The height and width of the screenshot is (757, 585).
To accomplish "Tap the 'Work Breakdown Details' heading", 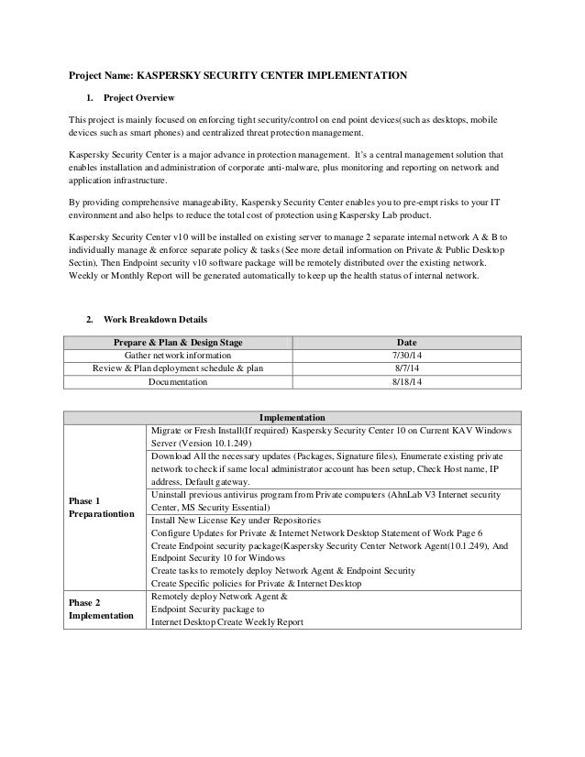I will point(153,320).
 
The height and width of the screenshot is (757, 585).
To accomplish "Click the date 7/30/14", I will point(404,356).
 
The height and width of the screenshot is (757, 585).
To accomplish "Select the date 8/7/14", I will point(404,369).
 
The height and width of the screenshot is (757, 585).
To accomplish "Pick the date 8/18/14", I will point(404,383).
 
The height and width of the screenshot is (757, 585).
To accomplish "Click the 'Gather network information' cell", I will point(178,356).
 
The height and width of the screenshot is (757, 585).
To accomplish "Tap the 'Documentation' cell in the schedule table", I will point(178,383).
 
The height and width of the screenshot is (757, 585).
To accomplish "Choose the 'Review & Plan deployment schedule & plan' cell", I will point(178,369).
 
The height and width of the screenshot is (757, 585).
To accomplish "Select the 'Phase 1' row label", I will point(84,501).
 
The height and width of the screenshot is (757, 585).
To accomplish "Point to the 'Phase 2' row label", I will point(84,603).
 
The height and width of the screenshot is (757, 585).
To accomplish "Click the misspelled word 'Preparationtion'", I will point(102,515).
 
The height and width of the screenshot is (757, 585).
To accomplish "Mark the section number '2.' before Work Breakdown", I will point(89,320).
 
